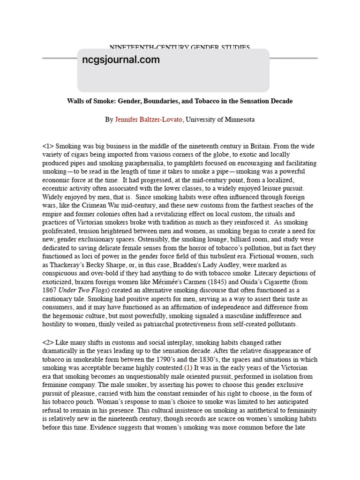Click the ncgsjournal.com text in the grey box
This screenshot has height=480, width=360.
click(120, 60)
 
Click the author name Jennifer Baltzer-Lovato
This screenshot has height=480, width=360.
click(149, 120)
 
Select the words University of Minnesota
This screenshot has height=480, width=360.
click(220, 120)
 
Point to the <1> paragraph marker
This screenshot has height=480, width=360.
click(48, 146)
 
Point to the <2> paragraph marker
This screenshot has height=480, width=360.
click(48, 343)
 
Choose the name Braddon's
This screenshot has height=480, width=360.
click(184, 264)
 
